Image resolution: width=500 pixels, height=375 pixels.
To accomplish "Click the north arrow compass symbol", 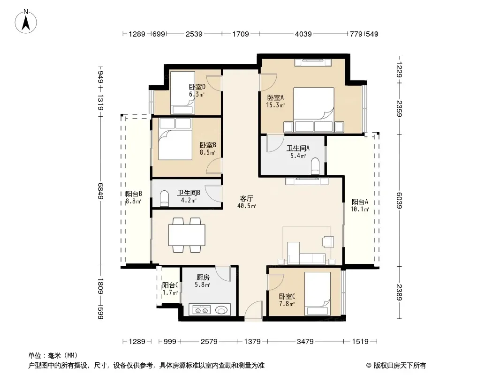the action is pyautogui.click(x=25, y=22).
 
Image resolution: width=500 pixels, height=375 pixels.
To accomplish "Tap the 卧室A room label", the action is pyautogui.click(x=275, y=98).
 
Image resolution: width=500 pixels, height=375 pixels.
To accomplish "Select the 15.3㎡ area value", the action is pyautogui.click(x=275, y=105).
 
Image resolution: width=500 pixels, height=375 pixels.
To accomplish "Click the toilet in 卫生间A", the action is pyautogui.click(x=315, y=165).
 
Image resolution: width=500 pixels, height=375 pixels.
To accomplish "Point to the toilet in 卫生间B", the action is pyautogui.click(x=164, y=198).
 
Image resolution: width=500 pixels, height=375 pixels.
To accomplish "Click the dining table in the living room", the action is pyautogui.click(x=187, y=235).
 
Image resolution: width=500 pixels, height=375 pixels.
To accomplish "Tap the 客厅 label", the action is pyautogui.click(x=247, y=198).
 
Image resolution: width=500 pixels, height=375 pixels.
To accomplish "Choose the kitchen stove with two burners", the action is pyautogui.click(x=202, y=310).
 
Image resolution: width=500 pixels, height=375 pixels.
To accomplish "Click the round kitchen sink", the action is pyautogui.click(x=222, y=309).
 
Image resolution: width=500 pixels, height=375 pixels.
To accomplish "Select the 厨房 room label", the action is pyautogui.click(x=203, y=277).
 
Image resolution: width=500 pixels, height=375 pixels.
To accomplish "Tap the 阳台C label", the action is pyautogui.click(x=170, y=285).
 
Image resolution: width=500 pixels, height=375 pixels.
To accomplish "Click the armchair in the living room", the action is pyautogui.click(x=328, y=241).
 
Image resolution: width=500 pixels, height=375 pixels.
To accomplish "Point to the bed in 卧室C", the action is pyautogui.click(x=317, y=293).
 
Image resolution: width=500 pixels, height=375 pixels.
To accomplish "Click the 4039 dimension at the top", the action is pyautogui.click(x=303, y=34).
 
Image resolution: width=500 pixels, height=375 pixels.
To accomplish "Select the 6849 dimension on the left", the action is pyautogui.click(x=101, y=191).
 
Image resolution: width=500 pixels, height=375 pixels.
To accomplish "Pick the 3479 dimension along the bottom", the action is pyautogui.click(x=305, y=342).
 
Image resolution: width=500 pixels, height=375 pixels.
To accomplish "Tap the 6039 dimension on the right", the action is pyautogui.click(x=399, y=201).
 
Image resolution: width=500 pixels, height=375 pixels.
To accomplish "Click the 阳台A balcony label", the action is pyautogui.click(x=360, y=202).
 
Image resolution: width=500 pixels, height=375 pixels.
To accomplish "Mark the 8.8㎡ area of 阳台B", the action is pyautogui.click(x=133, y=201).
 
